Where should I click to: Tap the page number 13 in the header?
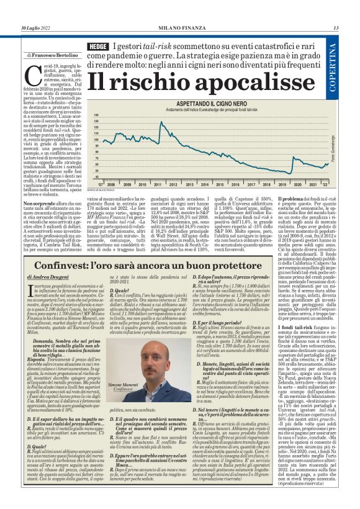click(335, 27)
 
